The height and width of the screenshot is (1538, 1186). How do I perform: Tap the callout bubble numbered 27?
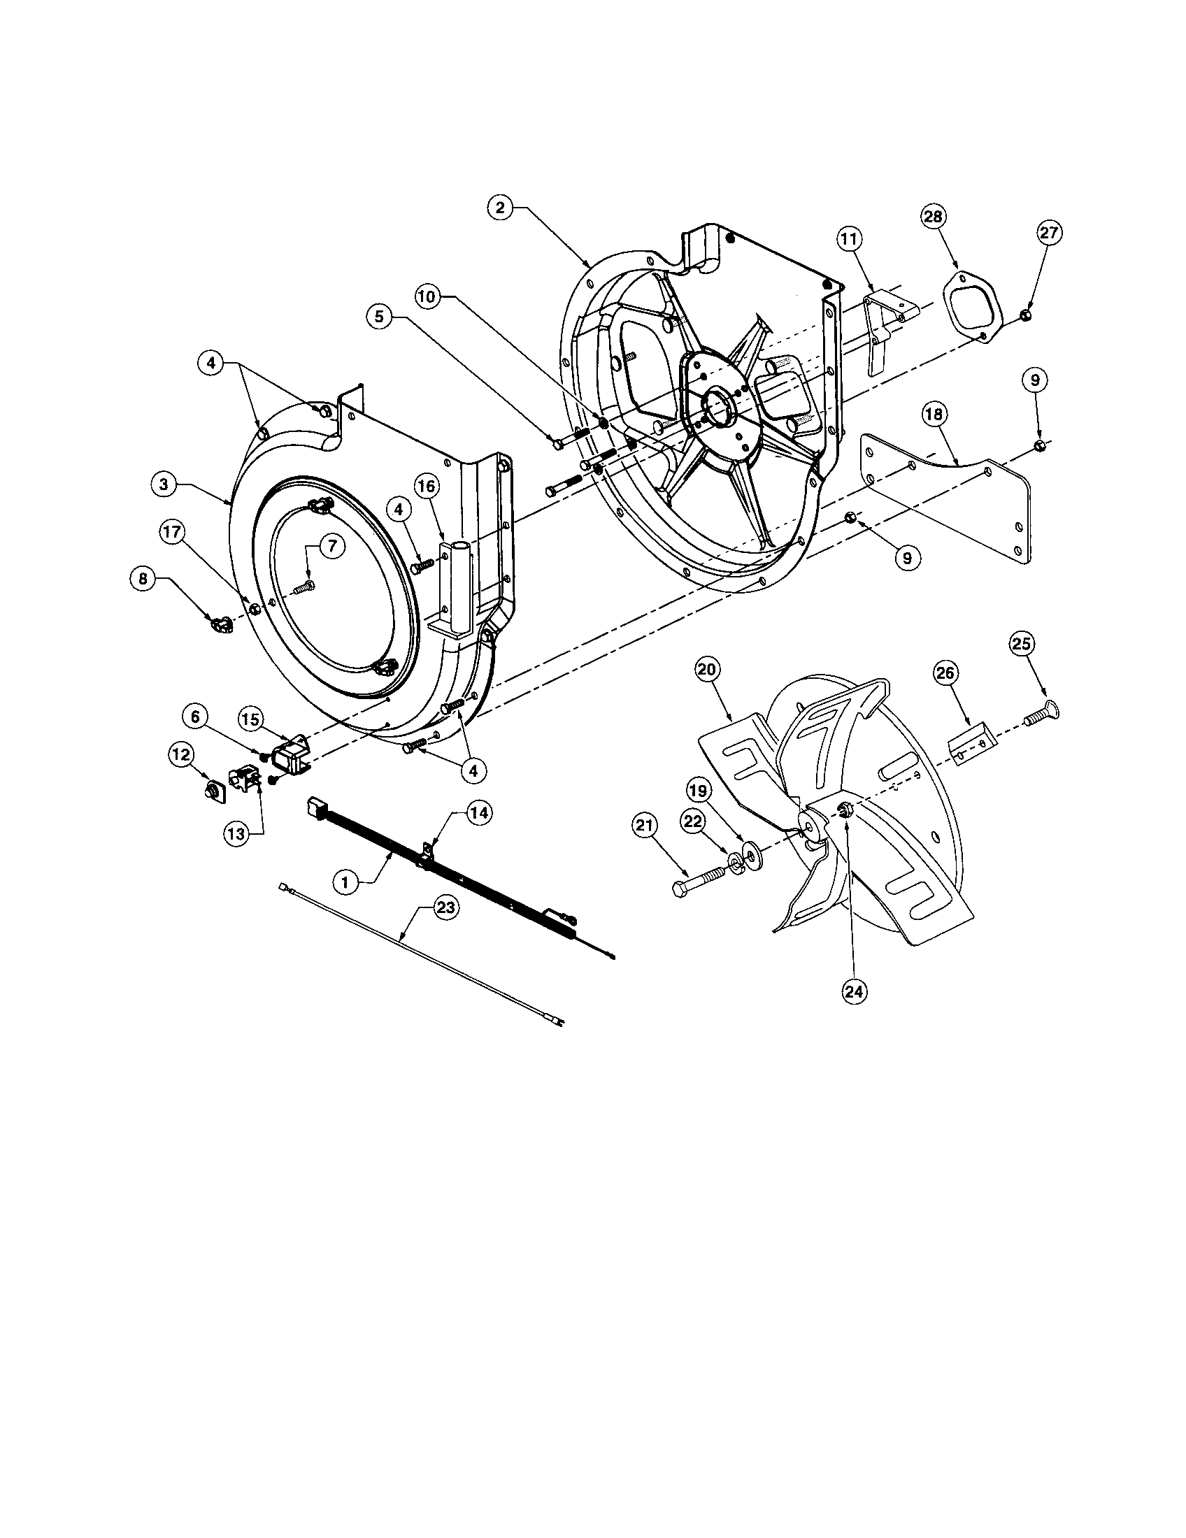pyautogui.click(x=1049, y=233)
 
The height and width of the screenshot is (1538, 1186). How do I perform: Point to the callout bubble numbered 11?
pyautogui.click(x=849, y=239)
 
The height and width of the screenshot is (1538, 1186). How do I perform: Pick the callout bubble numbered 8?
pyautogui.click(x=143, y=579)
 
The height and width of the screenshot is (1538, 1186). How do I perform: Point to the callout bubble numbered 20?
pyautogui.click(x=707, y=669)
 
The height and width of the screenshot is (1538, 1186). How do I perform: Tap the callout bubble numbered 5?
pyautogui.click(x=380, y=317)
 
